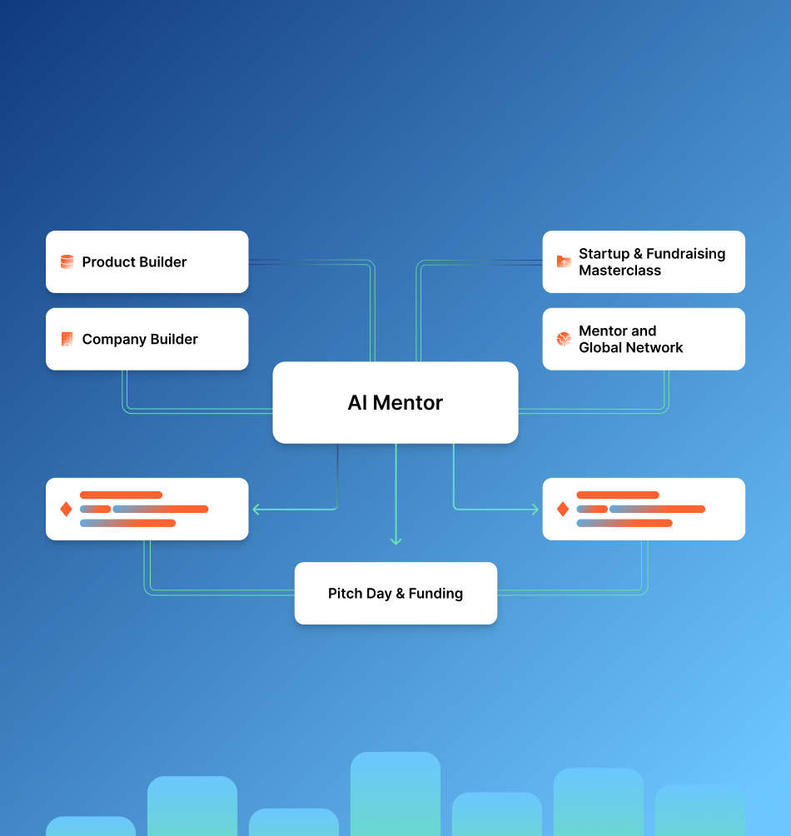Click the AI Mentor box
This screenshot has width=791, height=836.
coord(395,402)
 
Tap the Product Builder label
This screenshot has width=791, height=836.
coord(134,261)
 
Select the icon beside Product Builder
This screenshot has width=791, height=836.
coord(67,261)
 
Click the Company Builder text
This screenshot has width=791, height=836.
coord(140,339)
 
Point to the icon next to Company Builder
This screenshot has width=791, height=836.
coord(67,339)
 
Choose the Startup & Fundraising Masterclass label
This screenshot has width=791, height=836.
coord(651,261)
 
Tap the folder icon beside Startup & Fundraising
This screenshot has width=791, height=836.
coord(564,261)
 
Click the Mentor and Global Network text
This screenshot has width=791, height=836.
coord(630,339)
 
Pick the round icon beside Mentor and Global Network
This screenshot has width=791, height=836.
coord(564,339)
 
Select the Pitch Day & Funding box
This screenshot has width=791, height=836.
coord(395,593)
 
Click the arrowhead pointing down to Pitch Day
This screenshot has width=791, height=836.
coord(395,541)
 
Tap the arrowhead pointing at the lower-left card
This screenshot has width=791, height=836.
coord(256,509)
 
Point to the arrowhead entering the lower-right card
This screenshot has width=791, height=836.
coord(535,509)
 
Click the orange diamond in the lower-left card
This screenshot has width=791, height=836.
coord(67,509)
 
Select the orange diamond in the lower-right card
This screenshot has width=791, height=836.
coord(563,509)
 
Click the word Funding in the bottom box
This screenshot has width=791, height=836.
coord(435,594)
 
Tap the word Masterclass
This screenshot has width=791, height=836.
coord(619,271)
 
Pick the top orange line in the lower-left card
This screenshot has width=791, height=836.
coord(121,495)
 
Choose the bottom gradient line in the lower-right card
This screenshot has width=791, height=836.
coord(624,523)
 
